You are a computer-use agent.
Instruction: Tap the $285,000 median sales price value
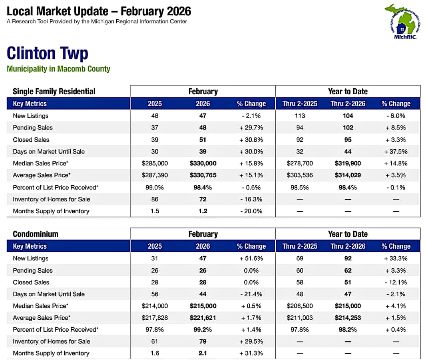coord(155,163)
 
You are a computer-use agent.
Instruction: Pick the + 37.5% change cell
coord(396,151)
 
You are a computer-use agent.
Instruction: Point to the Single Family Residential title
coord(54,91)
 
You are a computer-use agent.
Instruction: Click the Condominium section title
coord(36,234)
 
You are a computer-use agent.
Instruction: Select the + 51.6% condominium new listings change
coord(251,258)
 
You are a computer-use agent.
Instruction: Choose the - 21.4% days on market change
coord(251,294)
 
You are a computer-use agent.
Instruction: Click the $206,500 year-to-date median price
coord(299,306)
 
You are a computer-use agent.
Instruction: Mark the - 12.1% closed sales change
coord(396,282)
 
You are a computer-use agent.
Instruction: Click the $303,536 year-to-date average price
coord(299,175)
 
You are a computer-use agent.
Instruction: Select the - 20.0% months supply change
coord(251,211)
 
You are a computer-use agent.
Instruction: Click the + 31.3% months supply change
coord(251,353)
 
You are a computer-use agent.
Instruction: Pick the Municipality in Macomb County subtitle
coord(58,69)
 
